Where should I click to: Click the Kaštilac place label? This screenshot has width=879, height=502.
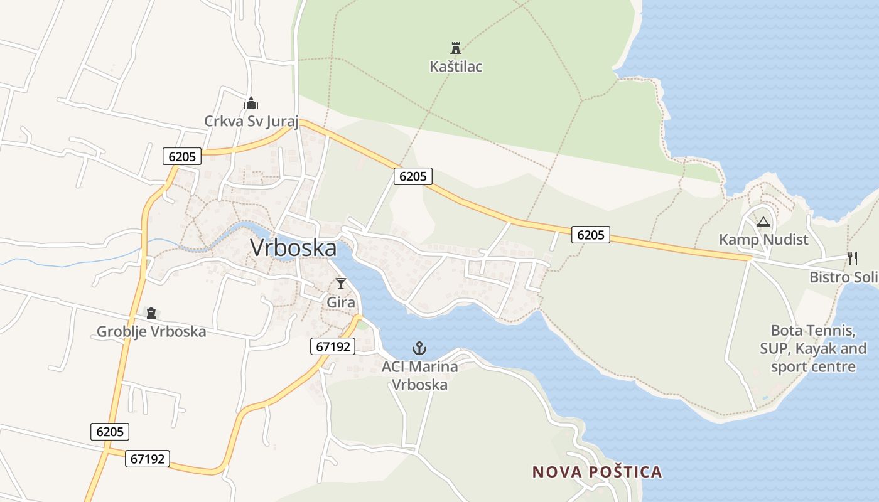(x=456, y=67)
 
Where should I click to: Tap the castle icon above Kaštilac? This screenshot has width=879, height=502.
(x=456, y=48)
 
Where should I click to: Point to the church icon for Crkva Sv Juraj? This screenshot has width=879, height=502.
(x=251, y=103)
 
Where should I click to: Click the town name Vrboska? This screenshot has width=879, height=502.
(x=293, y=247)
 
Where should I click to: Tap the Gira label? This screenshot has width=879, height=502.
(x=341, y=302)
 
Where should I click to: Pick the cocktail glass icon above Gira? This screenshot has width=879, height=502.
(x=341, y=284)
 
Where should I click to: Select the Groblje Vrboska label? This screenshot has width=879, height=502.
(x=151, y=331)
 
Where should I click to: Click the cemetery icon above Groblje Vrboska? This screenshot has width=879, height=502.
(x=151, y=312)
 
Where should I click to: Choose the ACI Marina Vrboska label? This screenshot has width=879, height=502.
(x=419, y=375)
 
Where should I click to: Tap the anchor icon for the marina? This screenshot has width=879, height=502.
(x=419, y=348)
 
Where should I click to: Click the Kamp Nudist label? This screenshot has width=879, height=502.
(x=763, y=240)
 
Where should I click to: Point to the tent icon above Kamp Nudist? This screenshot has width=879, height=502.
(x=763, y=222)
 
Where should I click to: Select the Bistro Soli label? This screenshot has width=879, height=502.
(x=843, y=277)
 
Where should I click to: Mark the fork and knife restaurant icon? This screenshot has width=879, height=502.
(x=853, y=258)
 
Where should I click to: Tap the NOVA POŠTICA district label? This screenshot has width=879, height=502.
(x=597, y=472)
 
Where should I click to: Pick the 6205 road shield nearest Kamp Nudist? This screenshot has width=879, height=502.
(x=591, y=235)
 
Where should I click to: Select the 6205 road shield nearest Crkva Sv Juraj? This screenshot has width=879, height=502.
(x=182, y=156)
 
